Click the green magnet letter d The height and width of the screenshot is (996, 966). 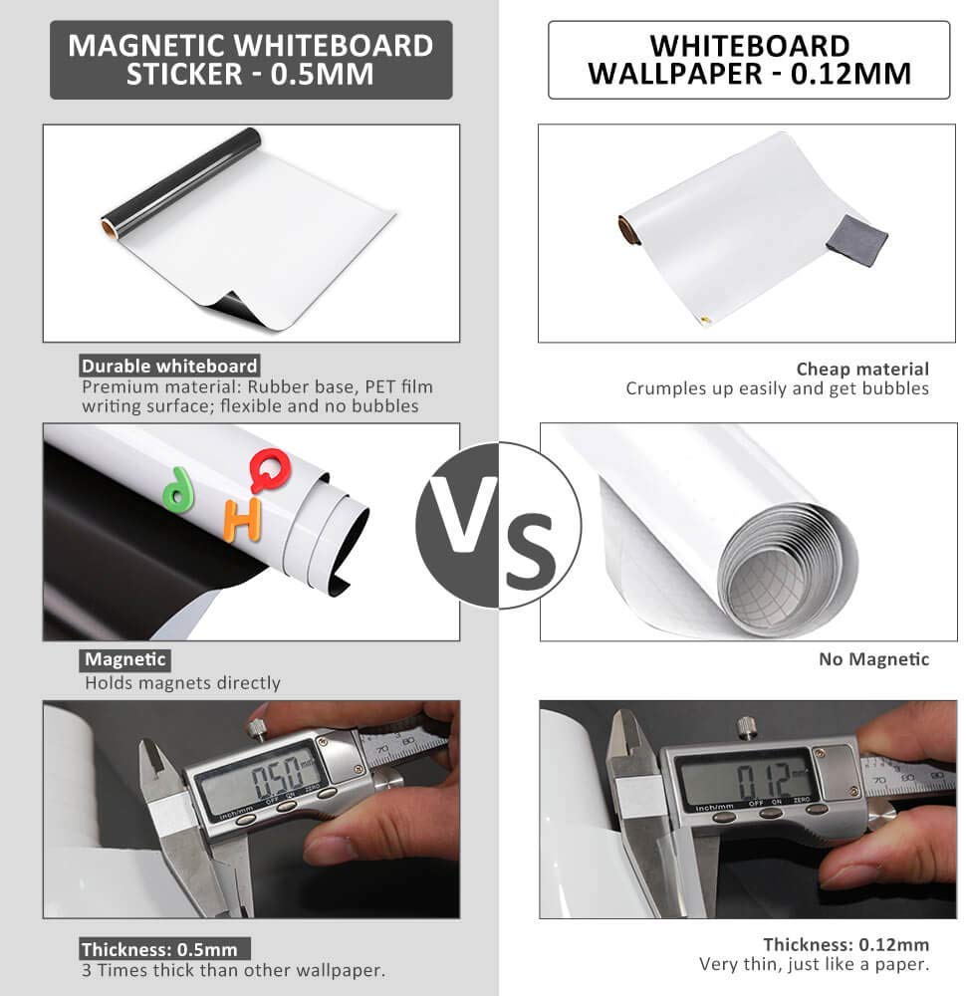[x=178, y=490]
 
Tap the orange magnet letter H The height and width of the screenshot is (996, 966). [x=243, y=519]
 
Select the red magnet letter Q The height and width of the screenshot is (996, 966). [x=271, y=470]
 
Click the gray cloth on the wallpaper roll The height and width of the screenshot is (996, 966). [x=856, y=240]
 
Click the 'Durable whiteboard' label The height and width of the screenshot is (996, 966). [x=169, y=366]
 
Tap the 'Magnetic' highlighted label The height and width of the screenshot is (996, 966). [x=125, y=659]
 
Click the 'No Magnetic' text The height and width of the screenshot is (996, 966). [x=874, y=659]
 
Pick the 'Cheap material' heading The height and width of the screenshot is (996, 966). [x=862, y=370]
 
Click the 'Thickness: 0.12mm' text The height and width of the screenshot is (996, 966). [x=845, y=944]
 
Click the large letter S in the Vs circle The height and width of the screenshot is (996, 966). [x=531, y=551]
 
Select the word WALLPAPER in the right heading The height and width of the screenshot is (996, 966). [x=674, y=75]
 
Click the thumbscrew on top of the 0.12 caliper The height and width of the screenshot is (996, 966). [x=745, y=728]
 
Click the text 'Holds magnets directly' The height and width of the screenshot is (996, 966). [x=183, y=683]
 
